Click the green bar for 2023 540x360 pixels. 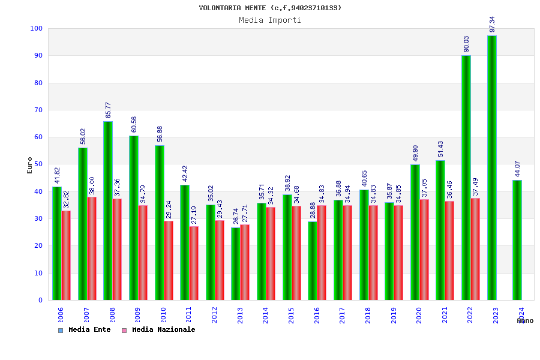click(x=492, y=168)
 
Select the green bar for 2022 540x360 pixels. click(x=466, y=178)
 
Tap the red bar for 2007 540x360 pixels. click(x=92, y=248)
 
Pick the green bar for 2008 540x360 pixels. click(x=108, y=211)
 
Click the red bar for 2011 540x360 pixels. click(x=194, y=263)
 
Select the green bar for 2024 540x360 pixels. click(x=517, y=240)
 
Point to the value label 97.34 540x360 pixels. click(x=493, y=24)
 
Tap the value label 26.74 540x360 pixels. click(x=236, y=216)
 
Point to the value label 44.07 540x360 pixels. click(x=518, y=169)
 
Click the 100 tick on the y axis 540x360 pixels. click(x=36, y=28)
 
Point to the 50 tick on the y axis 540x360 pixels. click(x=38, y=164)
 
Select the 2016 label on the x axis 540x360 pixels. click(x=317, y=315)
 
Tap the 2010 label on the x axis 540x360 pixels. click(x=163, y=315)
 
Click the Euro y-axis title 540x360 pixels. click(x=30, y=165)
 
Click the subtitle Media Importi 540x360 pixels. click(x=270, y=20)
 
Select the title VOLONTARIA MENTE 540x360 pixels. click(x=270, y=8)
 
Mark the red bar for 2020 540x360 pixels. click(x=424, y=250)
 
